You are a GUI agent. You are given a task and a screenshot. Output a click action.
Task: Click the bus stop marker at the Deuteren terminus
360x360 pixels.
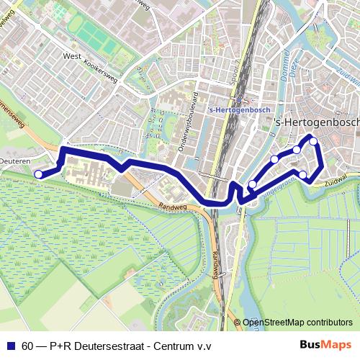pos(38,174)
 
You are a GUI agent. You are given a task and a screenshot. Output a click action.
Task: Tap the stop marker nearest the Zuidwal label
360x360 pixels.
pos(303,175)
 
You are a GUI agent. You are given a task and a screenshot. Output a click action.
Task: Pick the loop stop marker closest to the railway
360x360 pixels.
pos(252,185)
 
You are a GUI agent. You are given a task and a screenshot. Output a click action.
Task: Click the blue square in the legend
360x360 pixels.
pos(11,346)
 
